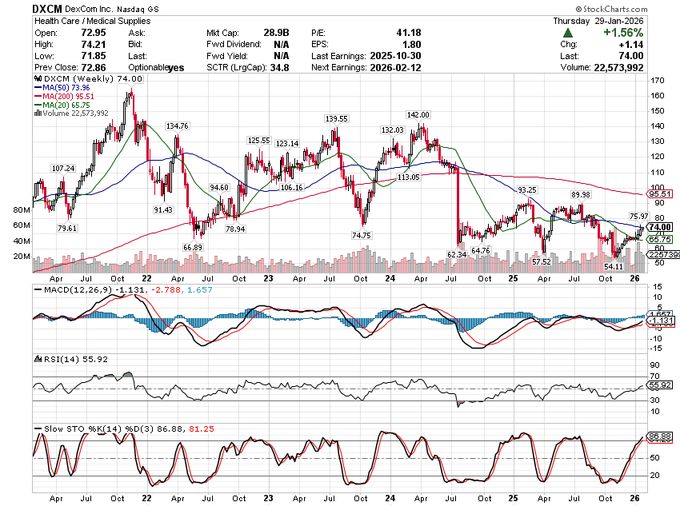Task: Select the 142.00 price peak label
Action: pos(418,115)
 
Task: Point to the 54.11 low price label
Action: pos(614,255)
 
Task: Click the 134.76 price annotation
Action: pos(177,126)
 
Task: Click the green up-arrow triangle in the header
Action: pos(567,33)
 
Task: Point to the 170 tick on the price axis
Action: pos(658,81)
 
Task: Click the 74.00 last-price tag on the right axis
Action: pos(659,227)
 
